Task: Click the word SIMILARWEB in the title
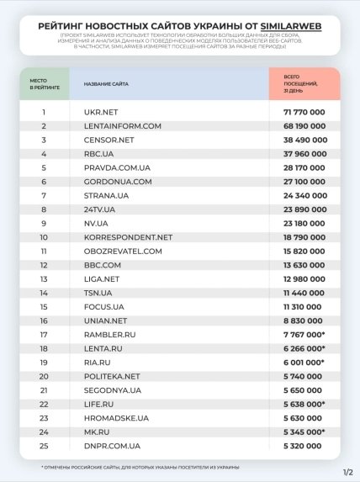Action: coord(291,26)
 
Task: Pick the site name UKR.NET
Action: coord(101,112)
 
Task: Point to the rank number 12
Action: coord(43,265)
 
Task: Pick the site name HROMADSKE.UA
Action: coord(116,417)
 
